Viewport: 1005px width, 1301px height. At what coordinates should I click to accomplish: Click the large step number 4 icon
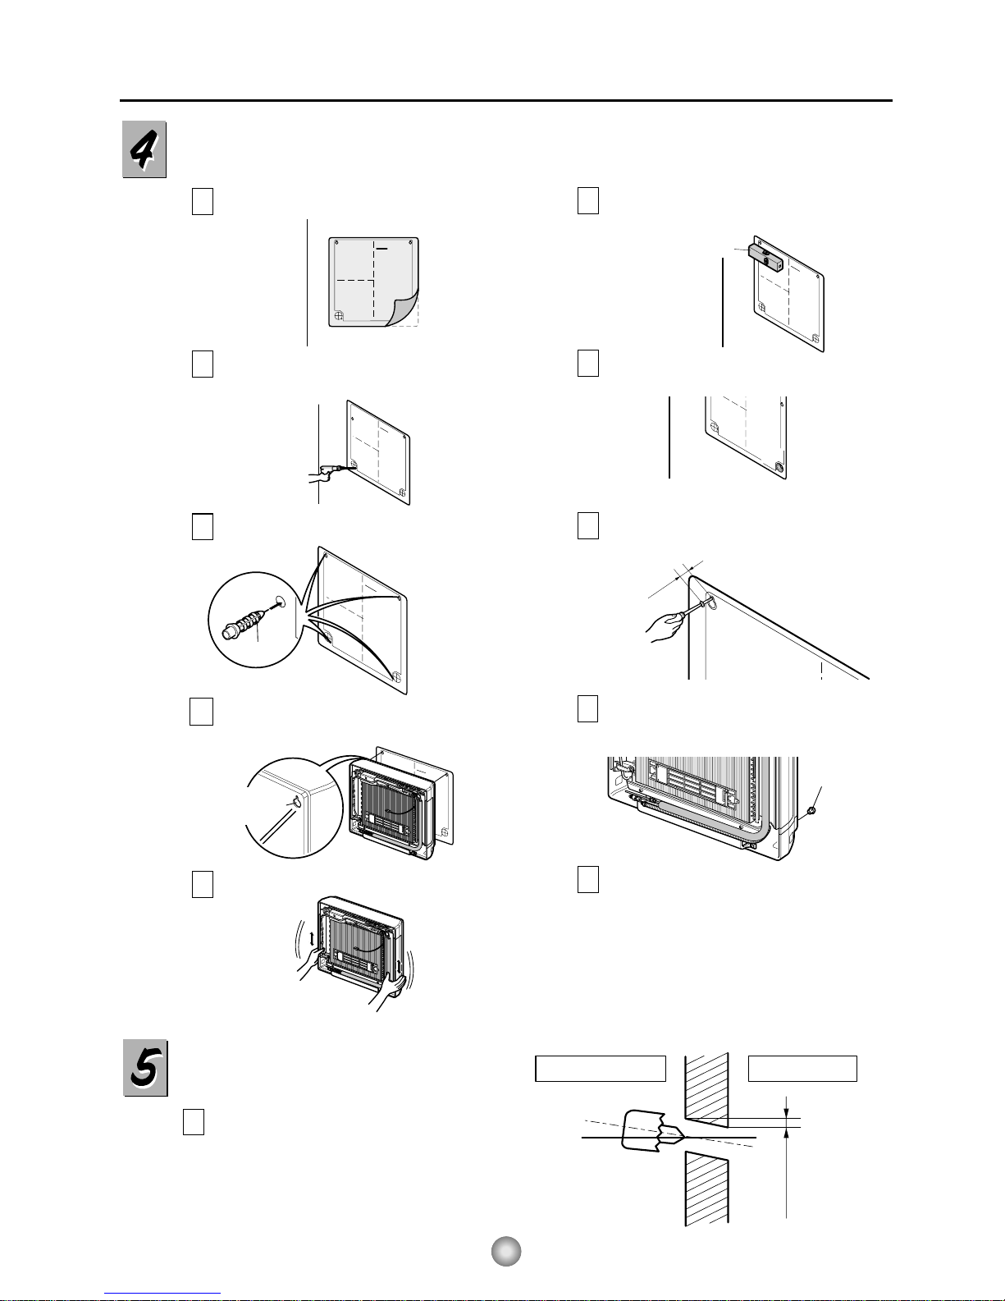click(144, 149)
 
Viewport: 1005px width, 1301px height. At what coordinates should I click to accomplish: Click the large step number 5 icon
click(145, 1068)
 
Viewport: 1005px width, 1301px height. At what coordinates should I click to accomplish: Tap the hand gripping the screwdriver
click(664, 628)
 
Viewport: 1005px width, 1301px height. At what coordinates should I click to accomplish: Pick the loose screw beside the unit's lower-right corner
click(811, 811)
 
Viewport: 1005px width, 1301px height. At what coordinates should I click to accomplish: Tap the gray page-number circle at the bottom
click(506, 1251)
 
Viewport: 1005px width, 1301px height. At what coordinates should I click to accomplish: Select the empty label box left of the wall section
click(601, 1069)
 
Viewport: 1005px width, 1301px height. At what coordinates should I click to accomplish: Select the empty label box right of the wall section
click(802, 1069)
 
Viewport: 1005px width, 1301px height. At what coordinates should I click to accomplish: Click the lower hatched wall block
click(706, 1189)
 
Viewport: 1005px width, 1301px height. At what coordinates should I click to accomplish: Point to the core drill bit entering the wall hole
click(651, 1131)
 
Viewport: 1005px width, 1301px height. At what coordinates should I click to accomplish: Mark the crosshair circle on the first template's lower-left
click(339, 315)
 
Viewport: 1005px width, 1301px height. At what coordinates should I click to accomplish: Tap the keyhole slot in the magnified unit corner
click(294, 803)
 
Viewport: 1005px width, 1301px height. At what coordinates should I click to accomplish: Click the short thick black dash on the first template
click(381, 248)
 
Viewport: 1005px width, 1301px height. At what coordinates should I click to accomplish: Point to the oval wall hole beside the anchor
click(280, 601)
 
